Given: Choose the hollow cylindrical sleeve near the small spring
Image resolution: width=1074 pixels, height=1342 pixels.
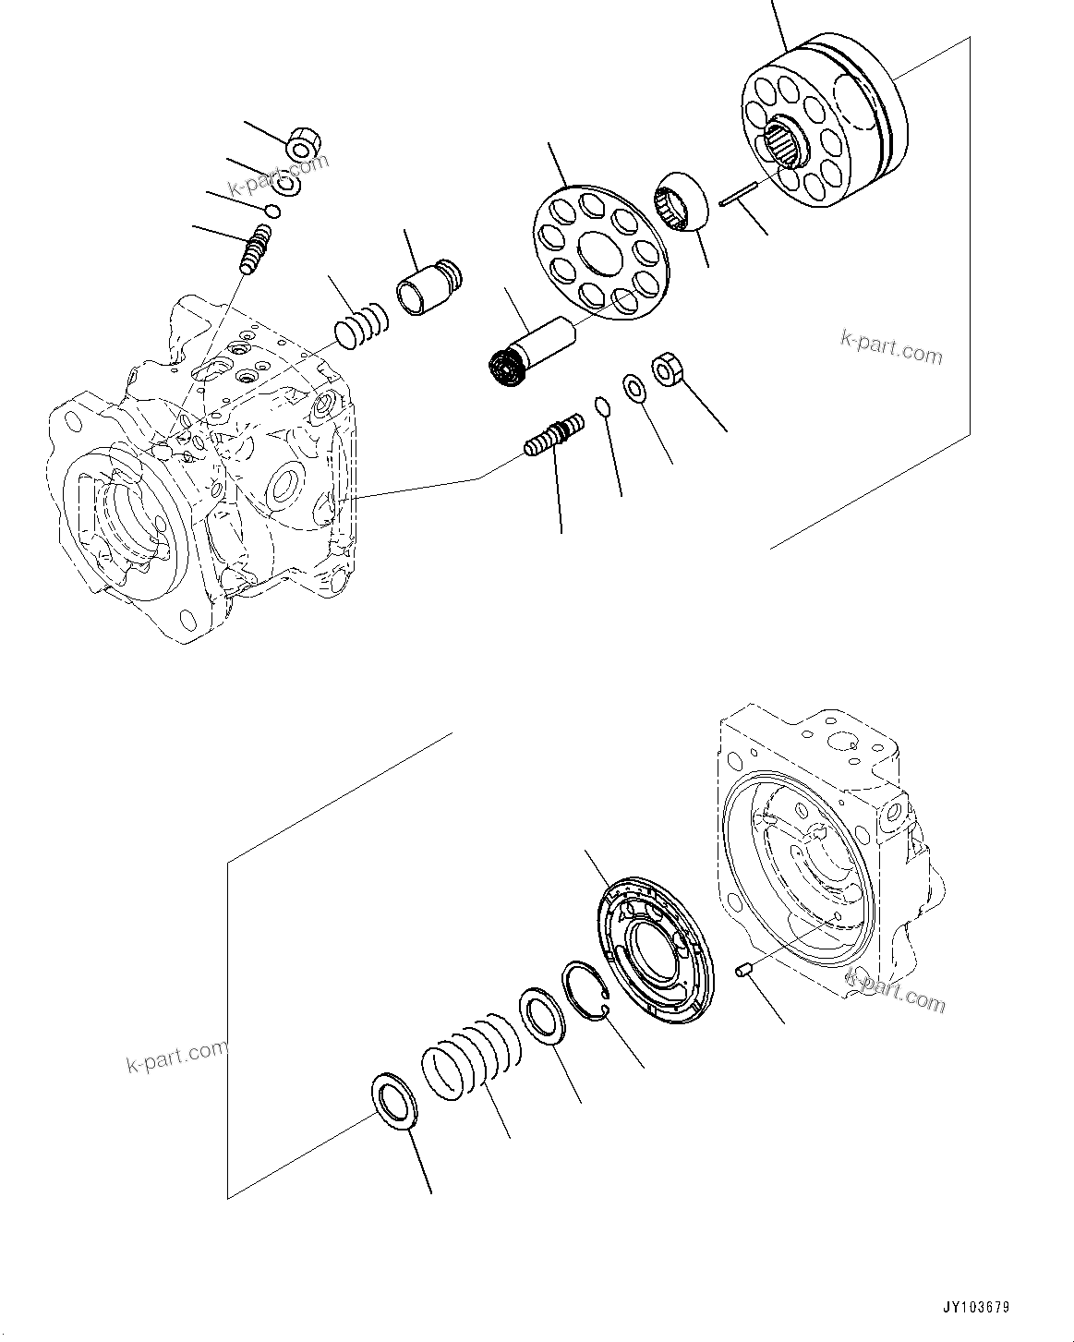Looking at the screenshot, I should pyautogui.click(x=428, y=281).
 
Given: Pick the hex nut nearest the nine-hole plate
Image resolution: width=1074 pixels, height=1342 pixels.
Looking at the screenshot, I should pyautogui.click(x=667, y=370).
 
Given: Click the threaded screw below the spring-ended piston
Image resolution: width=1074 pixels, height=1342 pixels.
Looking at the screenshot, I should pyautogui.click(x=554, y=434).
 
